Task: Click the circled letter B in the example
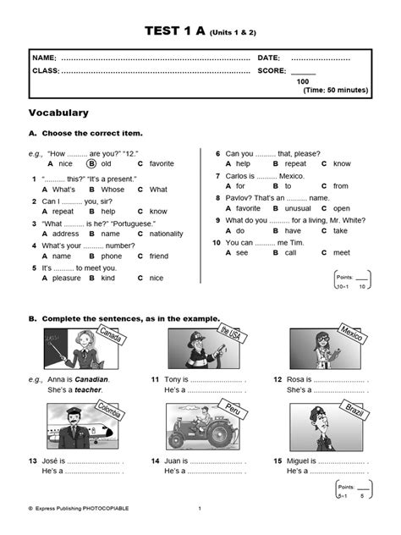click(91, 163)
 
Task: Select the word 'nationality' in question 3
click(166, 234)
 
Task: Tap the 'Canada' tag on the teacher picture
click(111, 334)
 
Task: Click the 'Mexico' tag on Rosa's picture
click(352, 333)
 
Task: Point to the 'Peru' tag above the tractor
click(233, 409)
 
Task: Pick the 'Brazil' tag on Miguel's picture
click(354, 410)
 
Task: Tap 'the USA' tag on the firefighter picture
click(232, 334)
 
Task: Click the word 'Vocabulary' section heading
click(58, 113)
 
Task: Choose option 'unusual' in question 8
click(298, 208)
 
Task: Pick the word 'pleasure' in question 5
click(67, 279)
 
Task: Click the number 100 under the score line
click(303, 81)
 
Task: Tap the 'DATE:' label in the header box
click(269, 58)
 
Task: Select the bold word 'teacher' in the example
click(88, 389)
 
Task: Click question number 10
click(217, 243)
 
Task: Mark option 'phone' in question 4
click(112, 256)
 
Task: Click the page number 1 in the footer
click(200, 509)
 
